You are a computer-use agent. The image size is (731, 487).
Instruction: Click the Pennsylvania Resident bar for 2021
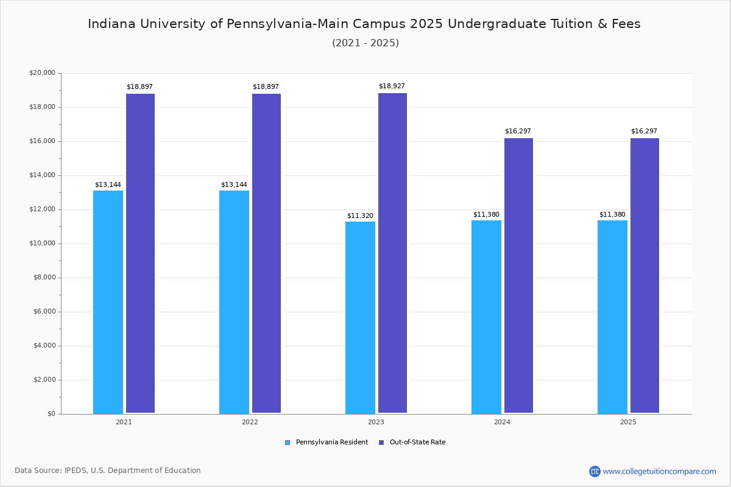(x=108, y=302)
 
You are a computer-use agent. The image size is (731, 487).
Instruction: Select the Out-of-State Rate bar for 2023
(x=392, y=253)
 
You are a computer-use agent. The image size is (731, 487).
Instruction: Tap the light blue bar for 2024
(x=486, y=317)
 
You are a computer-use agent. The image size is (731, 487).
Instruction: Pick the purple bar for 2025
(x=644, y=276)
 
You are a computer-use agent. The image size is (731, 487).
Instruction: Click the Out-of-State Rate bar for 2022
(x=266, y=253)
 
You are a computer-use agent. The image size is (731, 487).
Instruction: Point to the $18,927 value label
(x=392, y=86)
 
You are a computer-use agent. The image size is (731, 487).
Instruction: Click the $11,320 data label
(x=360, y=216)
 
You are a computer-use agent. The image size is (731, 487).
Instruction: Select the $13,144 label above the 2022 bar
(x=234, y=185)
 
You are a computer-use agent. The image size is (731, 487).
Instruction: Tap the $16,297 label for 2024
(x=518, y=131)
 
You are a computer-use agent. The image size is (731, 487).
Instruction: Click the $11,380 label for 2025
(x=612, y=215)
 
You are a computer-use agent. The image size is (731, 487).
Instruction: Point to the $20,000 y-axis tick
(x=42, y=73)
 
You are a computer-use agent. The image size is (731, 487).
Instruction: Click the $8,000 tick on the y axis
(x=44, y=278)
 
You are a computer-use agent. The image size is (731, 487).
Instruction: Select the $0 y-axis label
(x=51, y=414)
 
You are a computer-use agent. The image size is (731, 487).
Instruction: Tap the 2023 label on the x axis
(x=376, y=422)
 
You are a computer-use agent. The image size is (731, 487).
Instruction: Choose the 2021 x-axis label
(x=124, y=422)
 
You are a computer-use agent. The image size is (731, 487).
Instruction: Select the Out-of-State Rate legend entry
(x=417, y=443)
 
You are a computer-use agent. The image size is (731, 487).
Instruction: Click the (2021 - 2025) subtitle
(x=365, y=43)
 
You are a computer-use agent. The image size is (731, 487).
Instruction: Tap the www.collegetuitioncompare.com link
(x=659, y=471)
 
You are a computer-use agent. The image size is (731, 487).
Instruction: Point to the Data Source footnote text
(x=108, y=471)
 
